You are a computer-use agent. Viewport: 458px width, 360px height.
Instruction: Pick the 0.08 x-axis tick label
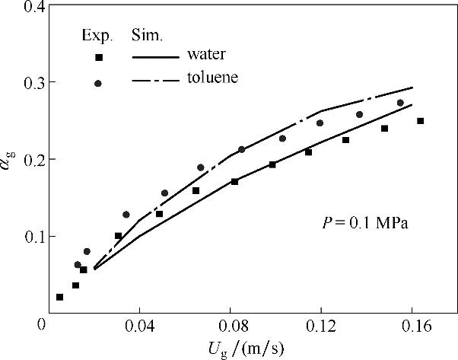point(230,325)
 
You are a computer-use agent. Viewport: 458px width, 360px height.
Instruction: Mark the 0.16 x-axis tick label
point(410,325)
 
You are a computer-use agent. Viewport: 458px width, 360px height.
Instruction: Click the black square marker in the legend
point(98,57)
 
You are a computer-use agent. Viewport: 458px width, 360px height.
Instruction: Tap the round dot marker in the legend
point(98,83)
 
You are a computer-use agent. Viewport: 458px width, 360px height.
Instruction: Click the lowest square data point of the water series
point(60,297)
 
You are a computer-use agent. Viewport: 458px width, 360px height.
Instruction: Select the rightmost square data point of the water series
point(420,121)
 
